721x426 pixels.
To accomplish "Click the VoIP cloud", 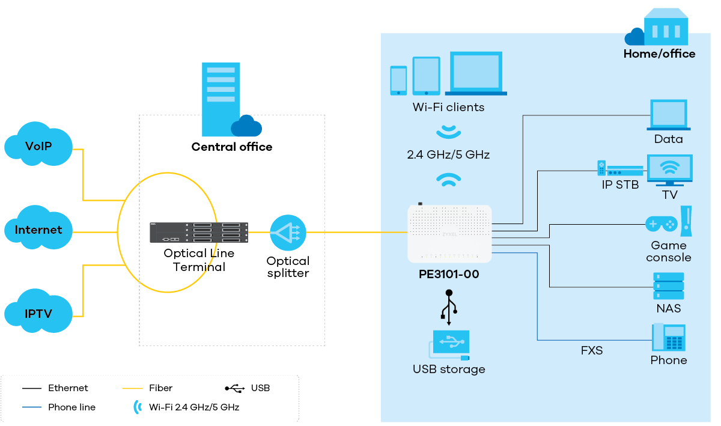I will tap(38, 145).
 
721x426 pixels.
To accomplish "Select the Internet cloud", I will tap(38, 229).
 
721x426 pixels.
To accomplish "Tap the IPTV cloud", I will tap(38, 312).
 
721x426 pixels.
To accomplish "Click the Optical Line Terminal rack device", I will tap(199, 233).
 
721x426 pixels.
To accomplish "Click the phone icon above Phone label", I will tap(668, 338).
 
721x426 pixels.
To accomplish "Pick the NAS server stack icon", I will tap(668, 286).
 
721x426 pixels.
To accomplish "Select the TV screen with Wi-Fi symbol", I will tap(669, 169).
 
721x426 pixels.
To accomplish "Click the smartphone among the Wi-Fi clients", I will tap(398, 81).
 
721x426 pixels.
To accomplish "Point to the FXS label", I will tap(591, 350).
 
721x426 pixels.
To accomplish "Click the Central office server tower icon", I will tap(220, 99).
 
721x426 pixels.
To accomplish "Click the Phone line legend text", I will tap(71, 407).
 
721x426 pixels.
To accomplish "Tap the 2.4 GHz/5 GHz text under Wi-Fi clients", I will tap(448, 155).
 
